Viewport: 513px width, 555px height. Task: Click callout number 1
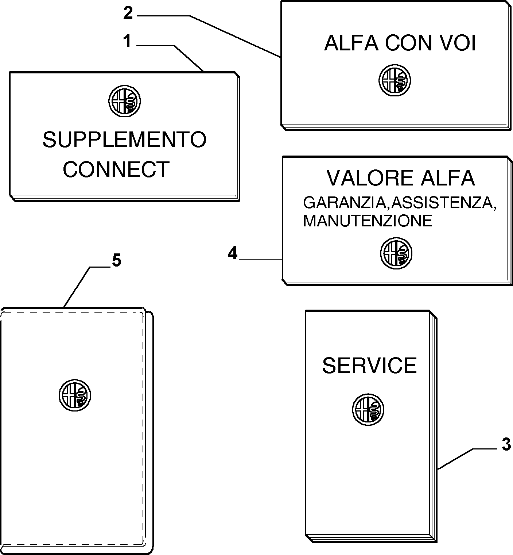127,42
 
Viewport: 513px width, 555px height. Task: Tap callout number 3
506,445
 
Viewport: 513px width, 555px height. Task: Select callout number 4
233,253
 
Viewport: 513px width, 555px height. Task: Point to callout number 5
116,261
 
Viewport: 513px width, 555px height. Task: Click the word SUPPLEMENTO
124,140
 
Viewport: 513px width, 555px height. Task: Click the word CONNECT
116,169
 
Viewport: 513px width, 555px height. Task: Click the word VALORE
370,178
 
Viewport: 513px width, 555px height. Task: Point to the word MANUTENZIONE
368,221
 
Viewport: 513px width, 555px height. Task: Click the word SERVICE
369,365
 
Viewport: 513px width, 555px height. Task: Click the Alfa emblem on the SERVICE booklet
368,409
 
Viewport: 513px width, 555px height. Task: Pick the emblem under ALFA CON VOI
395,80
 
